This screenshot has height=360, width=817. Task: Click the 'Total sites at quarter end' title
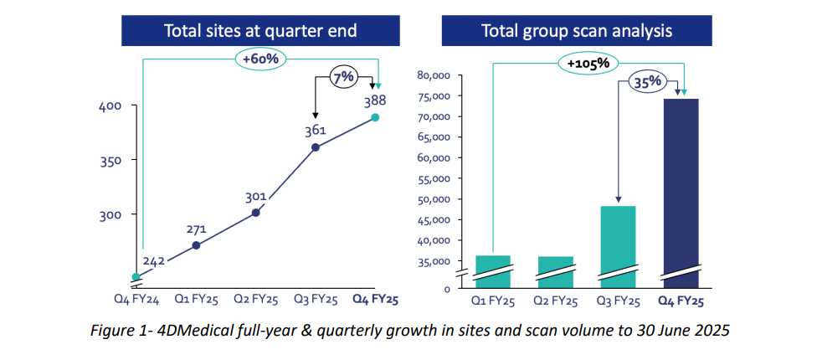[x=260, y=32]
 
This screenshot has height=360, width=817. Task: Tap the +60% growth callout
[x=261, y=59]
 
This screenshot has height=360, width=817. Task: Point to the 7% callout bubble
[x=343, y=76]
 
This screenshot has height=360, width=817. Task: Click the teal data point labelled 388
[x=376, y=117]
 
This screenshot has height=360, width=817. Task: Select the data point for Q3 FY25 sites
[x=316, y=147]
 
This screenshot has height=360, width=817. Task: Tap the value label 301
[x=255, y=197]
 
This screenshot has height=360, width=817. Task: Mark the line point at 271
[x=196, y=245]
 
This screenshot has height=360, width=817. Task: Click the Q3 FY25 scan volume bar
[x=618, y=243]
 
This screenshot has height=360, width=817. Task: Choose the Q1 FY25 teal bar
[x=492, y=268]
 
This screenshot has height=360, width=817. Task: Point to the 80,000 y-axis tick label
[x=434, y=75]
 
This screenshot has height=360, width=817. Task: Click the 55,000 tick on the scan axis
[x=434, y=178]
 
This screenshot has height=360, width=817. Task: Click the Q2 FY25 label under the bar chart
[x=555, y=301]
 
